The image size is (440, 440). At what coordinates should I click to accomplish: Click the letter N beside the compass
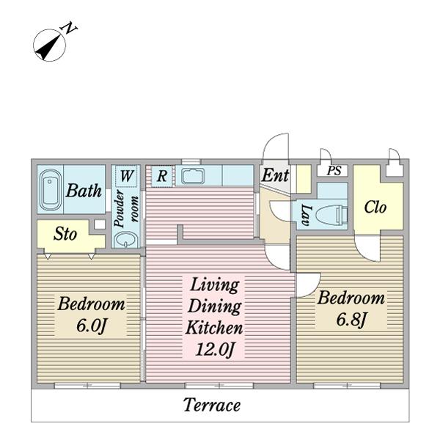click(68, 29)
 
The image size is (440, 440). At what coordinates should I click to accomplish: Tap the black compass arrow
click(49, 47)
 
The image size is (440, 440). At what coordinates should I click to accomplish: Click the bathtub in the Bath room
click(50, 190)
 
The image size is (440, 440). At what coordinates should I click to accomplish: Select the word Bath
click(84, 191)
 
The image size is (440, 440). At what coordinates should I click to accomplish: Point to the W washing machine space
click(126, 176)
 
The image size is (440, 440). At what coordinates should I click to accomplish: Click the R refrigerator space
click(162, 176)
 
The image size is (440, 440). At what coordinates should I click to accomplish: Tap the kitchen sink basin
click(193, 176)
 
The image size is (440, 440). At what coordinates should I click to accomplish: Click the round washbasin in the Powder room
click(126, 241)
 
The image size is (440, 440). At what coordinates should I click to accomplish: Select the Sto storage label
click(65, 233)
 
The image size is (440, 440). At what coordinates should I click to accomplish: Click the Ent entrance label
click(275, 175)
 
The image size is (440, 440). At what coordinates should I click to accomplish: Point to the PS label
click(334, 170)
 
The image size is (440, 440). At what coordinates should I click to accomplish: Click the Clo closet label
click(375, 207)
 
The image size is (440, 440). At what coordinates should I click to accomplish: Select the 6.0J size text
click(91, 326)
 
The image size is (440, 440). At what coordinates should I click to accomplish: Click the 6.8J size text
click(351, 319)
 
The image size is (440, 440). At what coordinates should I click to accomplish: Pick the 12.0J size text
click(215, 349)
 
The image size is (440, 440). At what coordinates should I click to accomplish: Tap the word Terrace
click(212, 405)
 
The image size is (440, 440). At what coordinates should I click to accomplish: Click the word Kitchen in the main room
click(214, 328)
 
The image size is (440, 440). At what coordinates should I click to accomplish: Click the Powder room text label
click(126, 208)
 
